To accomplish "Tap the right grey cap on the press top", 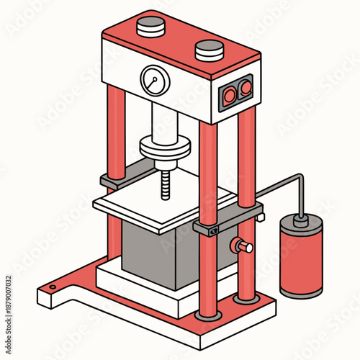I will click(x=209, y=49).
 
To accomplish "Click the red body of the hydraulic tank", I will click(x=301, y=263).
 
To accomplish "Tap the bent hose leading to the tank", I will click(x=281, y=184).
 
